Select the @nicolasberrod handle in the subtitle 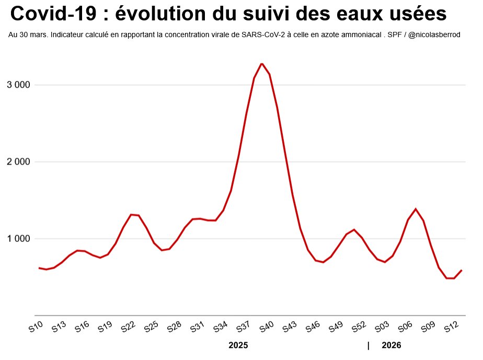click(435, 35)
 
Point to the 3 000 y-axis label click(19, 85)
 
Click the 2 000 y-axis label click(19, 162)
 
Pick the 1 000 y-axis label click(19, 239)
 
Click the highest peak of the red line click(262, 64)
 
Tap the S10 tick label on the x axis click(36, 328)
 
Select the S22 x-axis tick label click(128, 328)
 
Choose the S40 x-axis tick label click(267, 328)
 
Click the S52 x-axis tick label click(359, 328)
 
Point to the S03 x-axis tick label click(382, 328)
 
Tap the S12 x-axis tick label click(451, 328)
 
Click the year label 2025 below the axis click(238, 345)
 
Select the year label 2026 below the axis click(392, 345)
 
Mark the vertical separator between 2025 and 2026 click(369, 345)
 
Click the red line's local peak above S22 click(131, 214)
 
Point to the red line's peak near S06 click(416, 209)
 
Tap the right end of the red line click(462, 270)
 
